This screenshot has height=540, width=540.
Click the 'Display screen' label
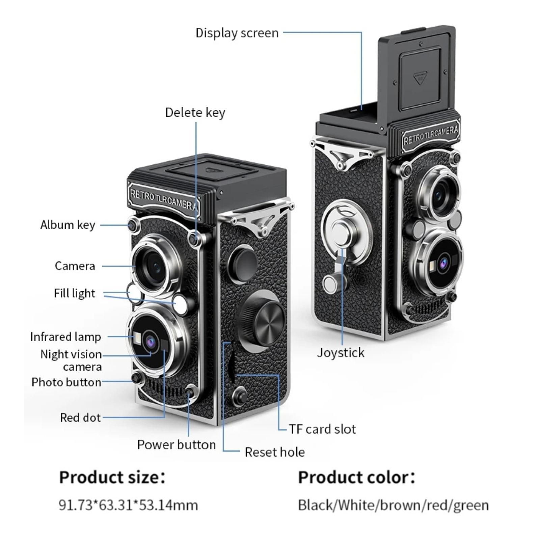[237, 33]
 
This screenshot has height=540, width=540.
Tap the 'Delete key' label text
[195, 112]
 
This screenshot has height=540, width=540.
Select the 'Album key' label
[67, 225]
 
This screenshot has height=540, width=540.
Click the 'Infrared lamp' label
[65, 337]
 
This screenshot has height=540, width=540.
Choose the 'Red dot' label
[80, 417]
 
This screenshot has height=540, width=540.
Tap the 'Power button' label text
[176, 444]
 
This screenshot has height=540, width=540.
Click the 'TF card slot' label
[322, 429]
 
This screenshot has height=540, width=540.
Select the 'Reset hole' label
[274, 452]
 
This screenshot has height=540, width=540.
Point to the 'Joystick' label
[341, 353]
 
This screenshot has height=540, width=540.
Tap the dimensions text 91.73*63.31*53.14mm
[128, 505]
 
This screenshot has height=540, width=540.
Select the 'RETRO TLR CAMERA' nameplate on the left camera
[163, 199]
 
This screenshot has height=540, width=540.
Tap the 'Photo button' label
[66, 382]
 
